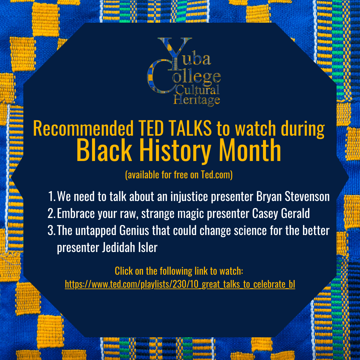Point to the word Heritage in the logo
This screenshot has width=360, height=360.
pyautogui.click(x=197, y=100)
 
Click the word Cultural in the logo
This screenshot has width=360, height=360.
pyautogui.click(x=197, y=90)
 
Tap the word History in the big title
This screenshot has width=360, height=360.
pyautogui.click(x=175, y=151)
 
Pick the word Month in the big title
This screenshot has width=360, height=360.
pyautogui.click(x=250, y=150)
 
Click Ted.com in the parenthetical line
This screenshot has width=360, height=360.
pyautogui.click(x=216, y=175)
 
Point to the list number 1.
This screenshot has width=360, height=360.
pyautogui.click(x=51, y=197)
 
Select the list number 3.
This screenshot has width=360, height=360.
pyautogui.click(x=51, y=230)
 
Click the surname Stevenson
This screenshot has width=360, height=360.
pyautogui.click(x=307, y=197)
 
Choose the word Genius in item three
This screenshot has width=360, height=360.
pyautogui.click(x=134, y=230)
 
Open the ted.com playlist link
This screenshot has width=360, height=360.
pyautogui.click(x=180, y=284)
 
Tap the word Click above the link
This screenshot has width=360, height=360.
pyautogui.click(x=124, y=271)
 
